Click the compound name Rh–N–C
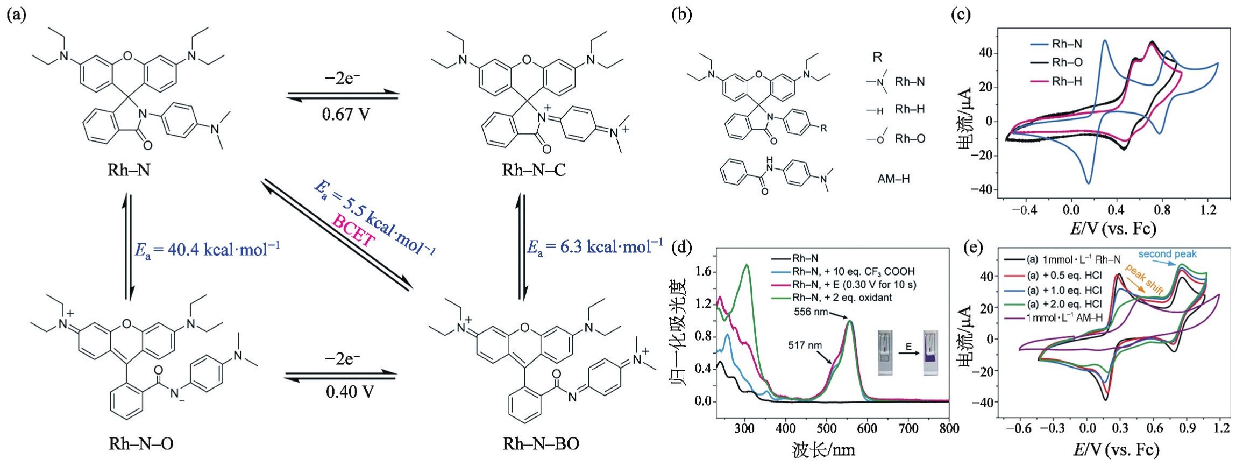534,170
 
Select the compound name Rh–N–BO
541,443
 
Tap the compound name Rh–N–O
141,443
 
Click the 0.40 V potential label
349,391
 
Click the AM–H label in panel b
893,179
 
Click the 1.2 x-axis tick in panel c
1208,210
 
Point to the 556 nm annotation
811,312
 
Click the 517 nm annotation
805,345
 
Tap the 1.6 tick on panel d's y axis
703,272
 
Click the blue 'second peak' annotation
1168,254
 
